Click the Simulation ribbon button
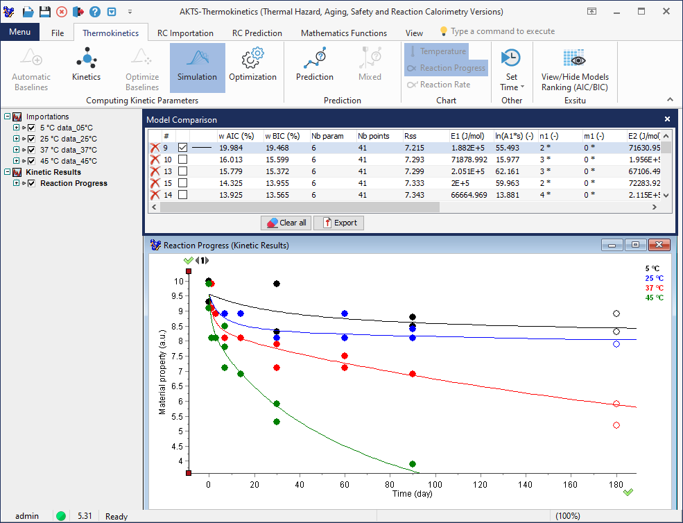tap(197, 67)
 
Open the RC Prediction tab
tap(257, 33)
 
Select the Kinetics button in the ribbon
tap(86, 67)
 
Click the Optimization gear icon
tap(252, 58)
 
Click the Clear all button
tap(286, 223)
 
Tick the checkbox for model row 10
tap(183, 160)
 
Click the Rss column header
tap(410, 136)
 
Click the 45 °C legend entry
tap(654, 298)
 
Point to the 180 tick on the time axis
tap(616, 484)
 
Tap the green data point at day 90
tap(413, 464)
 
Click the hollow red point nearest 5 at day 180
tap(616, 425)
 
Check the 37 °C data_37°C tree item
tap(31, 150)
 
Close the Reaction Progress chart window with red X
tap(659, 245)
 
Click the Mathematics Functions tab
tap(344, 33)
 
